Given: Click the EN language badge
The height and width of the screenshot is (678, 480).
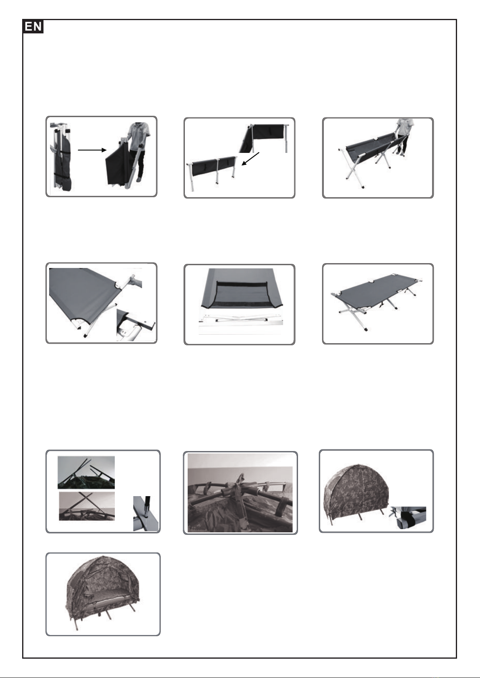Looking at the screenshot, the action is (33, 27).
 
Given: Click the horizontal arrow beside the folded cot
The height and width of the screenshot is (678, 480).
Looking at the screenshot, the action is (92, 150).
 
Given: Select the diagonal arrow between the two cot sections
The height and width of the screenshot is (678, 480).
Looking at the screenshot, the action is (250, 159).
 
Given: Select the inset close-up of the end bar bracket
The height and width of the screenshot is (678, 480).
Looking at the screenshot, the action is (136, 325).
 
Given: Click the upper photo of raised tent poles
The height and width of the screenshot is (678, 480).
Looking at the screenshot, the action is (86, 472).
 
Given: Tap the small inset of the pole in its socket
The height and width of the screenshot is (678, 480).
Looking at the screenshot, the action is (146, 513).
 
